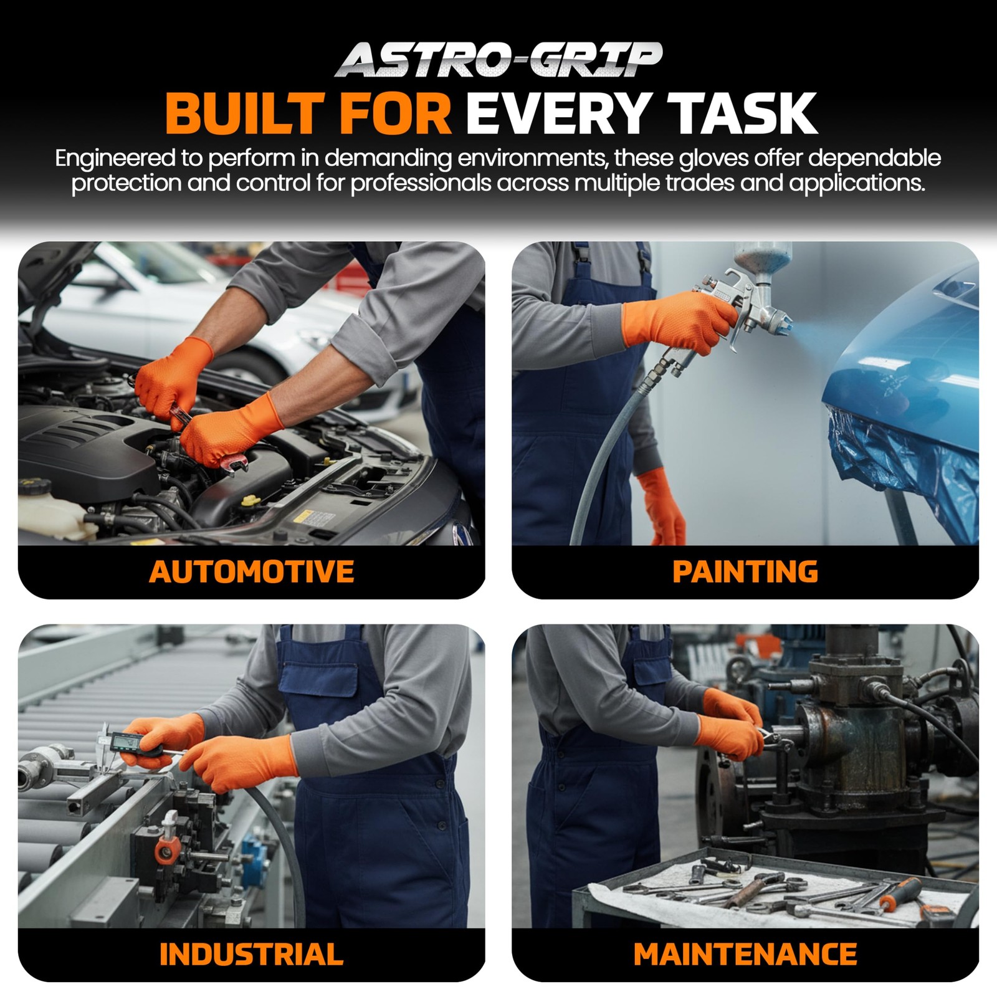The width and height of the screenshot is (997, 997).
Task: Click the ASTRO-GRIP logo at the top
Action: click(x=499, y=60)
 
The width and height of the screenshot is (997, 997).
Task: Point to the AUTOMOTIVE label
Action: click(x=252, y=572)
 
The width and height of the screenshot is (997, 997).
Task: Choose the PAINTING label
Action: click(x=745, y=572)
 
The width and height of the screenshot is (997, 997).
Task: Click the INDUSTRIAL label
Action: click(x=252, y=955)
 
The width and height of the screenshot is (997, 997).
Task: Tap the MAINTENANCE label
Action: click(x=745, y=955)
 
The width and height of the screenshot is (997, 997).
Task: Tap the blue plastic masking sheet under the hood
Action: click(x=904, y=461)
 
